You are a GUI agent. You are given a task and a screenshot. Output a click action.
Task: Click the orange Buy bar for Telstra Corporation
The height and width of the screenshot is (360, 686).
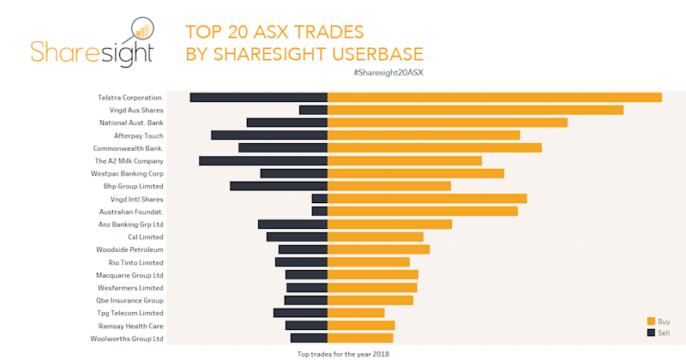tap(495, 97)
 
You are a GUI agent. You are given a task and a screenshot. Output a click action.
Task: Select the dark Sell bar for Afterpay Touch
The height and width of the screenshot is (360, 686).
tap(269, 135)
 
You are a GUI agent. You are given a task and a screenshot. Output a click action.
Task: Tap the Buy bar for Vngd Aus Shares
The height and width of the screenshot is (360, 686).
tap(475, 110)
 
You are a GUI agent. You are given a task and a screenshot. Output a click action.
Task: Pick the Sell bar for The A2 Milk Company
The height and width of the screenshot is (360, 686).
tap(263, 160)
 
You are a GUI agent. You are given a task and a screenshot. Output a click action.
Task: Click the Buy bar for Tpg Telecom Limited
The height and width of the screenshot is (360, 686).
tap(356, 313)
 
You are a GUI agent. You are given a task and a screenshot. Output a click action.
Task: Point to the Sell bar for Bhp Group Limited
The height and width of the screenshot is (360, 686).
tap(279, 186)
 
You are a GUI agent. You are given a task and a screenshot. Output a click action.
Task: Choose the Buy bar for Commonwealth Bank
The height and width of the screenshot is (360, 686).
tap(435, 147)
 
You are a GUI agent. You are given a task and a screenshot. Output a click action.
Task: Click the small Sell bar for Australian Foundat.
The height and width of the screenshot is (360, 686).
tap(319, 211)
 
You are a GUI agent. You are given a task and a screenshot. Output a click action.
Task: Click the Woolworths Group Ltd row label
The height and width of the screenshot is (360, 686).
tap(127, 339)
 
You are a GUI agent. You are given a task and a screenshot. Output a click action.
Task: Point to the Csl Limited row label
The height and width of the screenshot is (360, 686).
tap(145, 237)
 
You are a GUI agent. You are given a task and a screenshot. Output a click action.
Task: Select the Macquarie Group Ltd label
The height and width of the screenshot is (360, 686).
tap(129, 275)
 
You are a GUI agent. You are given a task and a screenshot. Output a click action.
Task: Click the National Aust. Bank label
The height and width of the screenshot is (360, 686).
tap(131, 123)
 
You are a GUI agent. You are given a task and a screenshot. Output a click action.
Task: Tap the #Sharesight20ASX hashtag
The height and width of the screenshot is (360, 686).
tap(388, 73)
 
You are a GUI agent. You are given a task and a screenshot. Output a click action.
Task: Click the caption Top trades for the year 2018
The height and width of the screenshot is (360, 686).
tap(344, 353)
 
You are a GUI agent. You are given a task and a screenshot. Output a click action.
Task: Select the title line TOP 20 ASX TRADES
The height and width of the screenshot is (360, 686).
tap(274, 33)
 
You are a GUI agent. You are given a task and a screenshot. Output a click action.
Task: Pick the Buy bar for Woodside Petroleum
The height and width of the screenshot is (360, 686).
tap(378, 249)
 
